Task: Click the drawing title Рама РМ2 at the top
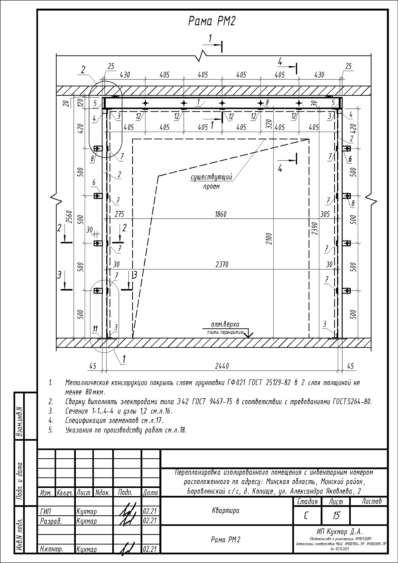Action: (211, 21)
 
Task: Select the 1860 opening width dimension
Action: (221, 214)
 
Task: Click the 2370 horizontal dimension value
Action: (222, 265)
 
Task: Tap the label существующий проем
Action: (212, 181)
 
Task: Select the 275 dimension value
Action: (119, 214)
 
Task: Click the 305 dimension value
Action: (325, 214)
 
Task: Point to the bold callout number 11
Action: (95, 329)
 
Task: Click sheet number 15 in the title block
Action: (336, 516)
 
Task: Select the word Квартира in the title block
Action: (226, 510)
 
